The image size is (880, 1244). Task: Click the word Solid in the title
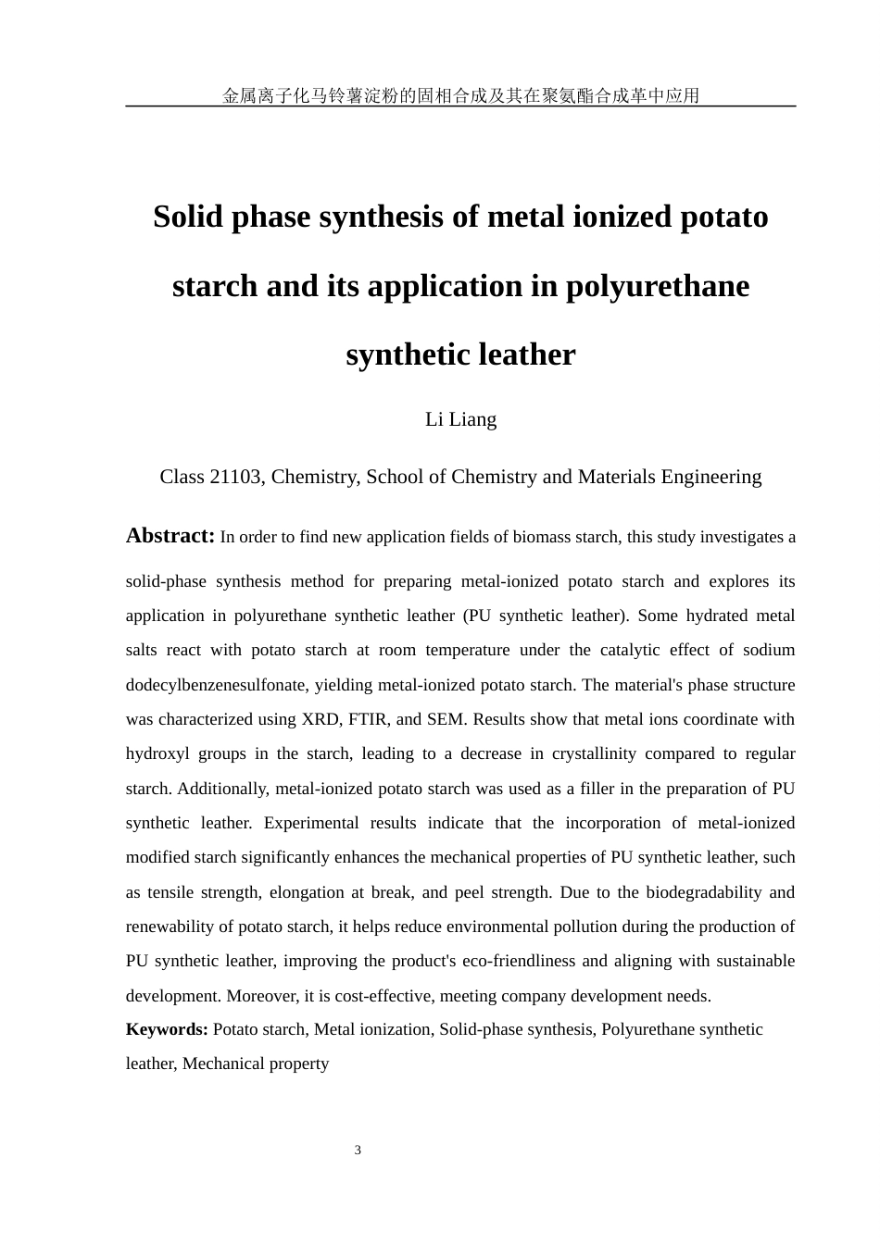tap(189, 217)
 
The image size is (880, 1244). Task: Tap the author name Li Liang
tap(460, 419)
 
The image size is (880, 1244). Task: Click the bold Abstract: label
tap(170, 536)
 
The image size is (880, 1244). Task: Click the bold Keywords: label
tap(167, 1029)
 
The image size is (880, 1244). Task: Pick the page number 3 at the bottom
tap(358, 1151)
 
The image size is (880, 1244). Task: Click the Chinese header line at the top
tap(460, 95)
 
